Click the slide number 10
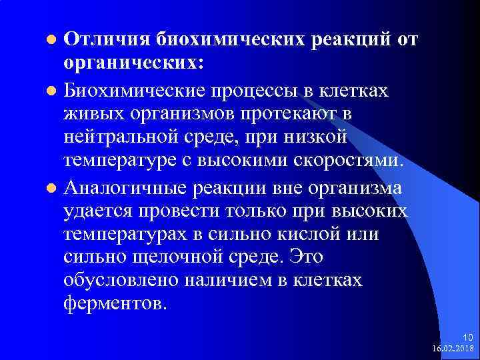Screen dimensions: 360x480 [467, 337]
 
